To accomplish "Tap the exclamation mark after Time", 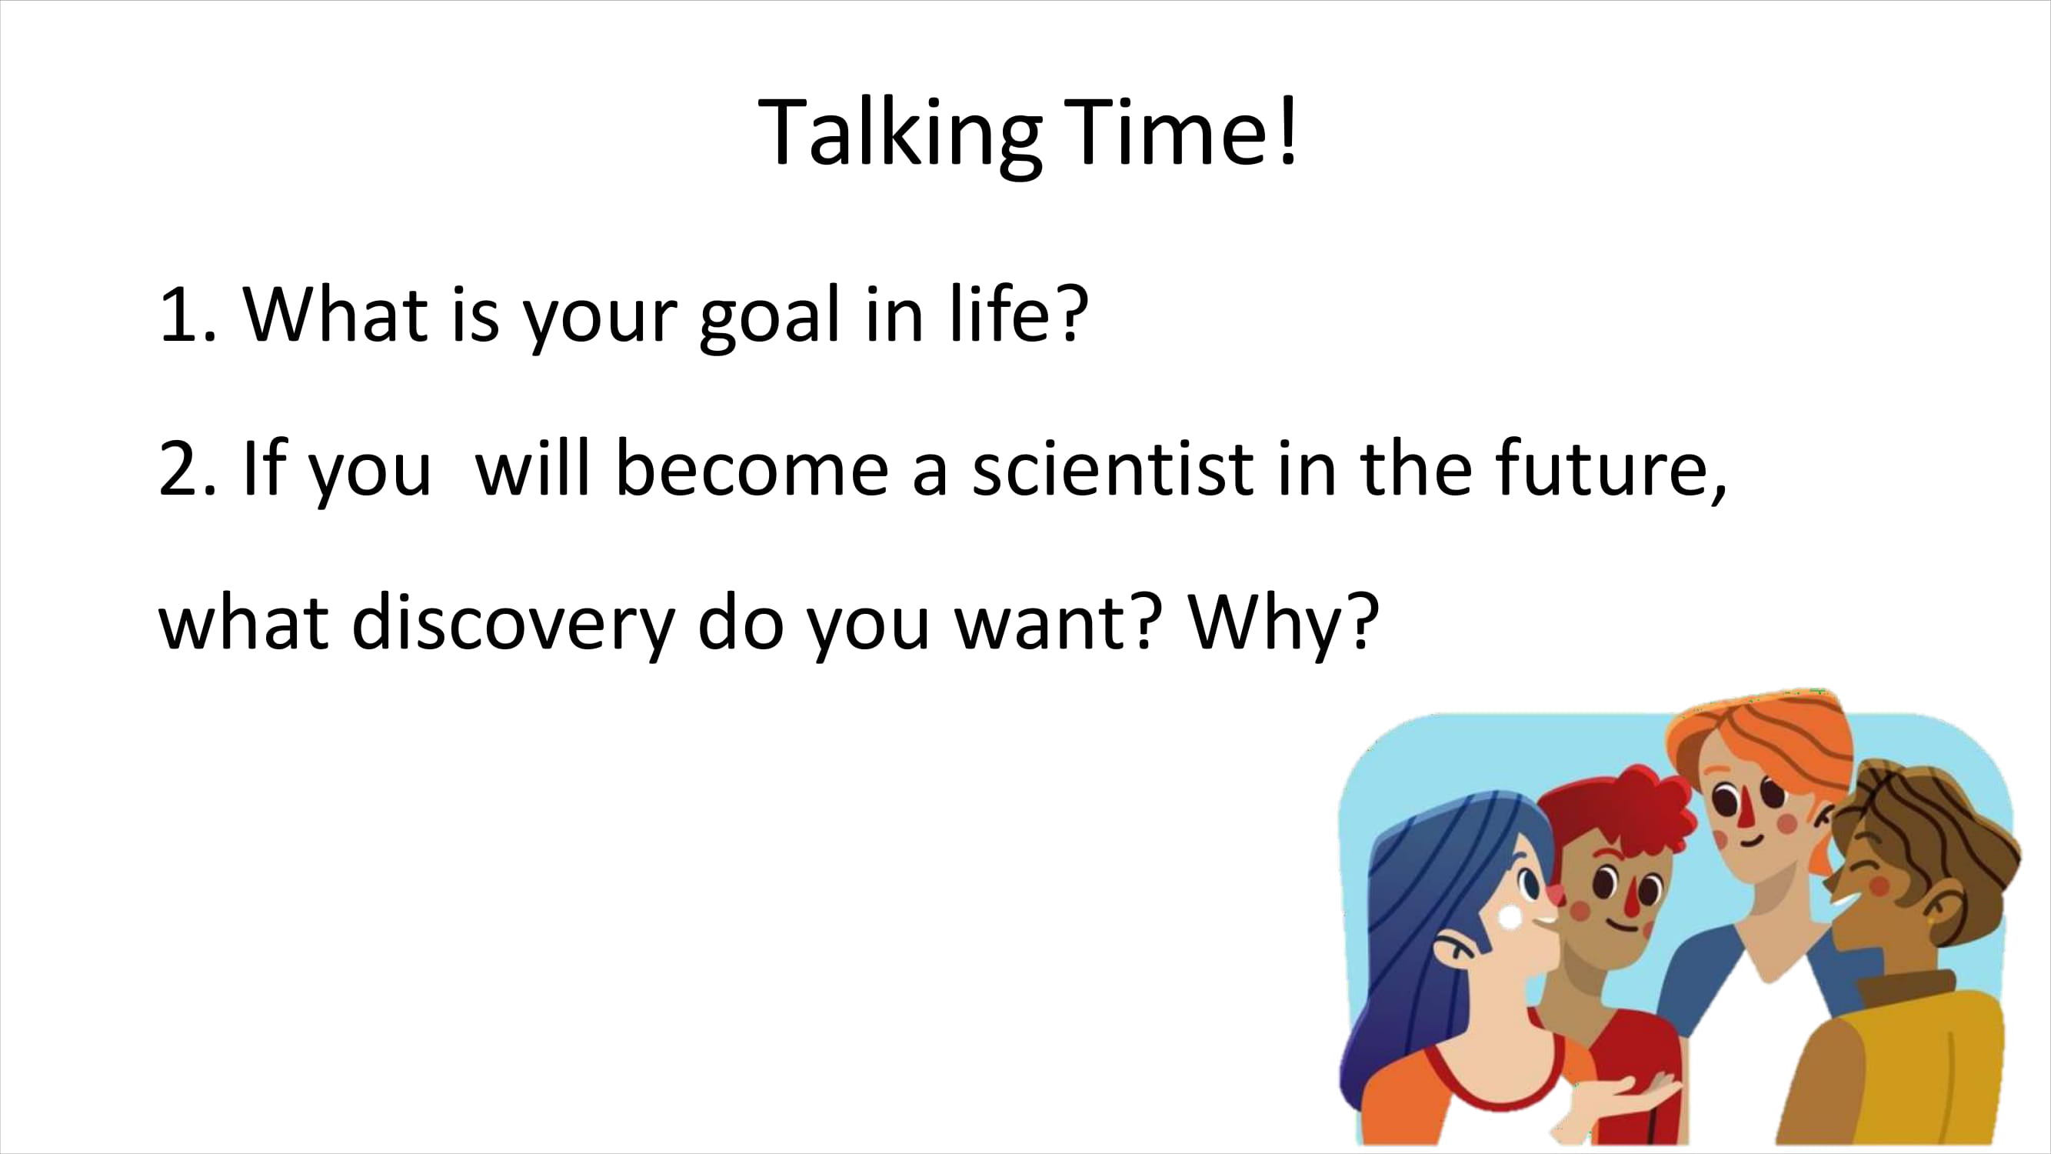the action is [1289, 131].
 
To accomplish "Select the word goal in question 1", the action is [769, 316].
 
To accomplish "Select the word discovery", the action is [514, 623].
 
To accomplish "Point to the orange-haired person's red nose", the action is [1743, 812].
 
